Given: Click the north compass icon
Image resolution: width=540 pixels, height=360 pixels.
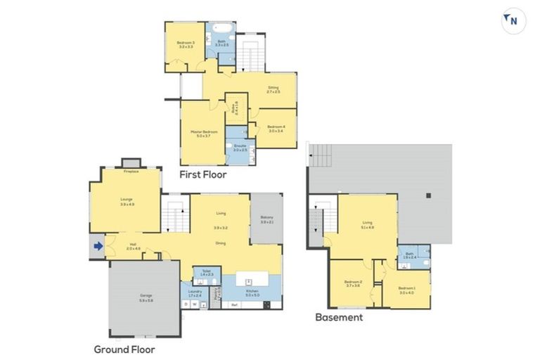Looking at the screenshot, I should pos(513,21).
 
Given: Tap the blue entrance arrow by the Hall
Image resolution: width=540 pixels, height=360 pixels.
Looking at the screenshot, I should pos(98,246).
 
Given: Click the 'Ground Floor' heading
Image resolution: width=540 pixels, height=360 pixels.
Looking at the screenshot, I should pos(124,349).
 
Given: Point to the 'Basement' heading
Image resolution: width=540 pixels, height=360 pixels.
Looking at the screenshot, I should pos(339,317).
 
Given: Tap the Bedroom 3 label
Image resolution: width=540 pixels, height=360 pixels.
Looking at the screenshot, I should pos(186,45).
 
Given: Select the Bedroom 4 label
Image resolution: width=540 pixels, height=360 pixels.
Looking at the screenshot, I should pos(276,128).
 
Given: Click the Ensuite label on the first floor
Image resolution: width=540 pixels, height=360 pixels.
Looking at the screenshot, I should pos(240,148).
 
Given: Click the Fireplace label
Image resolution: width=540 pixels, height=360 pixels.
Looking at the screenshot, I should pos(131,171).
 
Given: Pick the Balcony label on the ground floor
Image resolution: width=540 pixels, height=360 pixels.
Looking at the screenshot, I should pos(266,219).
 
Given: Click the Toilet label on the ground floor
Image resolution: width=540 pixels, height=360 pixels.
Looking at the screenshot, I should pos(207,271).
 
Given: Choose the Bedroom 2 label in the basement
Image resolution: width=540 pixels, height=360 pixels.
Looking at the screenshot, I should pos(353,283).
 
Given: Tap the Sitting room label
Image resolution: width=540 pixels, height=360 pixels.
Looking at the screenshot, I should pos(274,89).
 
